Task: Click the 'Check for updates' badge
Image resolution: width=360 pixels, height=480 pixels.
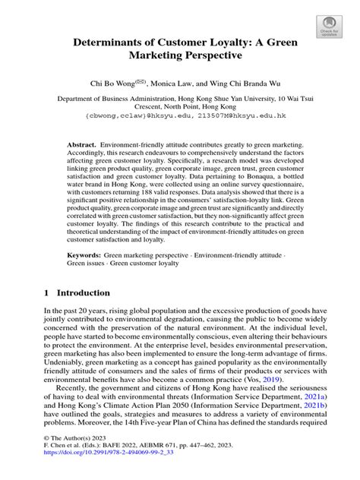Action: click(x=331, y=27)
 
